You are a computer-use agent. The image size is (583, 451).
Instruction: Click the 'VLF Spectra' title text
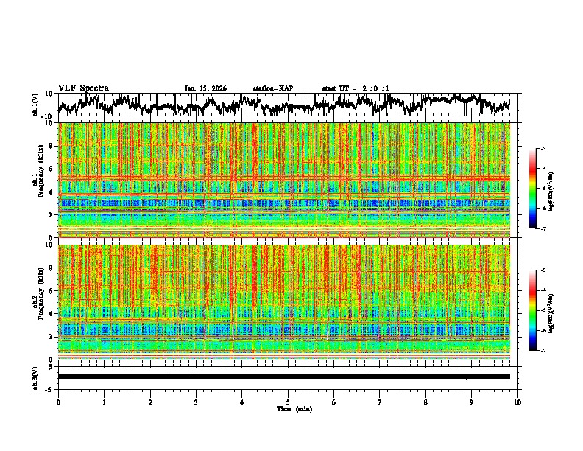click(83, 88)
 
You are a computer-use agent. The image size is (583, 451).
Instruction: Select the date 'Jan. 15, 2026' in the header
click(205, 88)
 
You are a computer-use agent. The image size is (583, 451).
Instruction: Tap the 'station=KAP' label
click(272, 88)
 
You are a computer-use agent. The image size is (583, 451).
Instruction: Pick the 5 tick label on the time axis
click(288, 402)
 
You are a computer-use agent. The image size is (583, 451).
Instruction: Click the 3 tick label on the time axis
click(196, 402)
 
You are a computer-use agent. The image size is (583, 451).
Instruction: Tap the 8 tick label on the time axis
click(425, 402)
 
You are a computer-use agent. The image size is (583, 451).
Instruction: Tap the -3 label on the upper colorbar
click(543, 149)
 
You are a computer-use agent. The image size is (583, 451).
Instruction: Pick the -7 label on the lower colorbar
click(543, 351)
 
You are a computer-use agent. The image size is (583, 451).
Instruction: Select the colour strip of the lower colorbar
click(533, 310)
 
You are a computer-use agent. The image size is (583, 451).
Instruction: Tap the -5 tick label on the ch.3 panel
click(50, 388)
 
